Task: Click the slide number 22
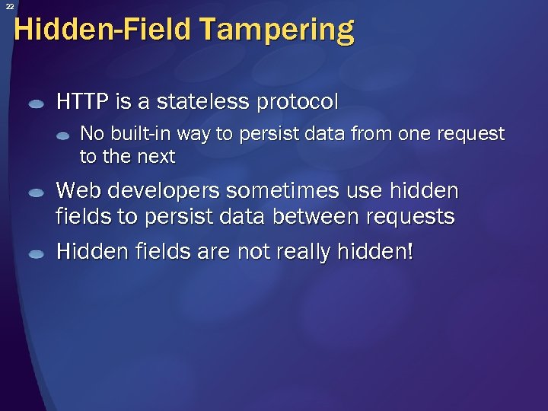click(9, 6)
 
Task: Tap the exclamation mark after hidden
click(410, 251)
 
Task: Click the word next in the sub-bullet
click(156, 158)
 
